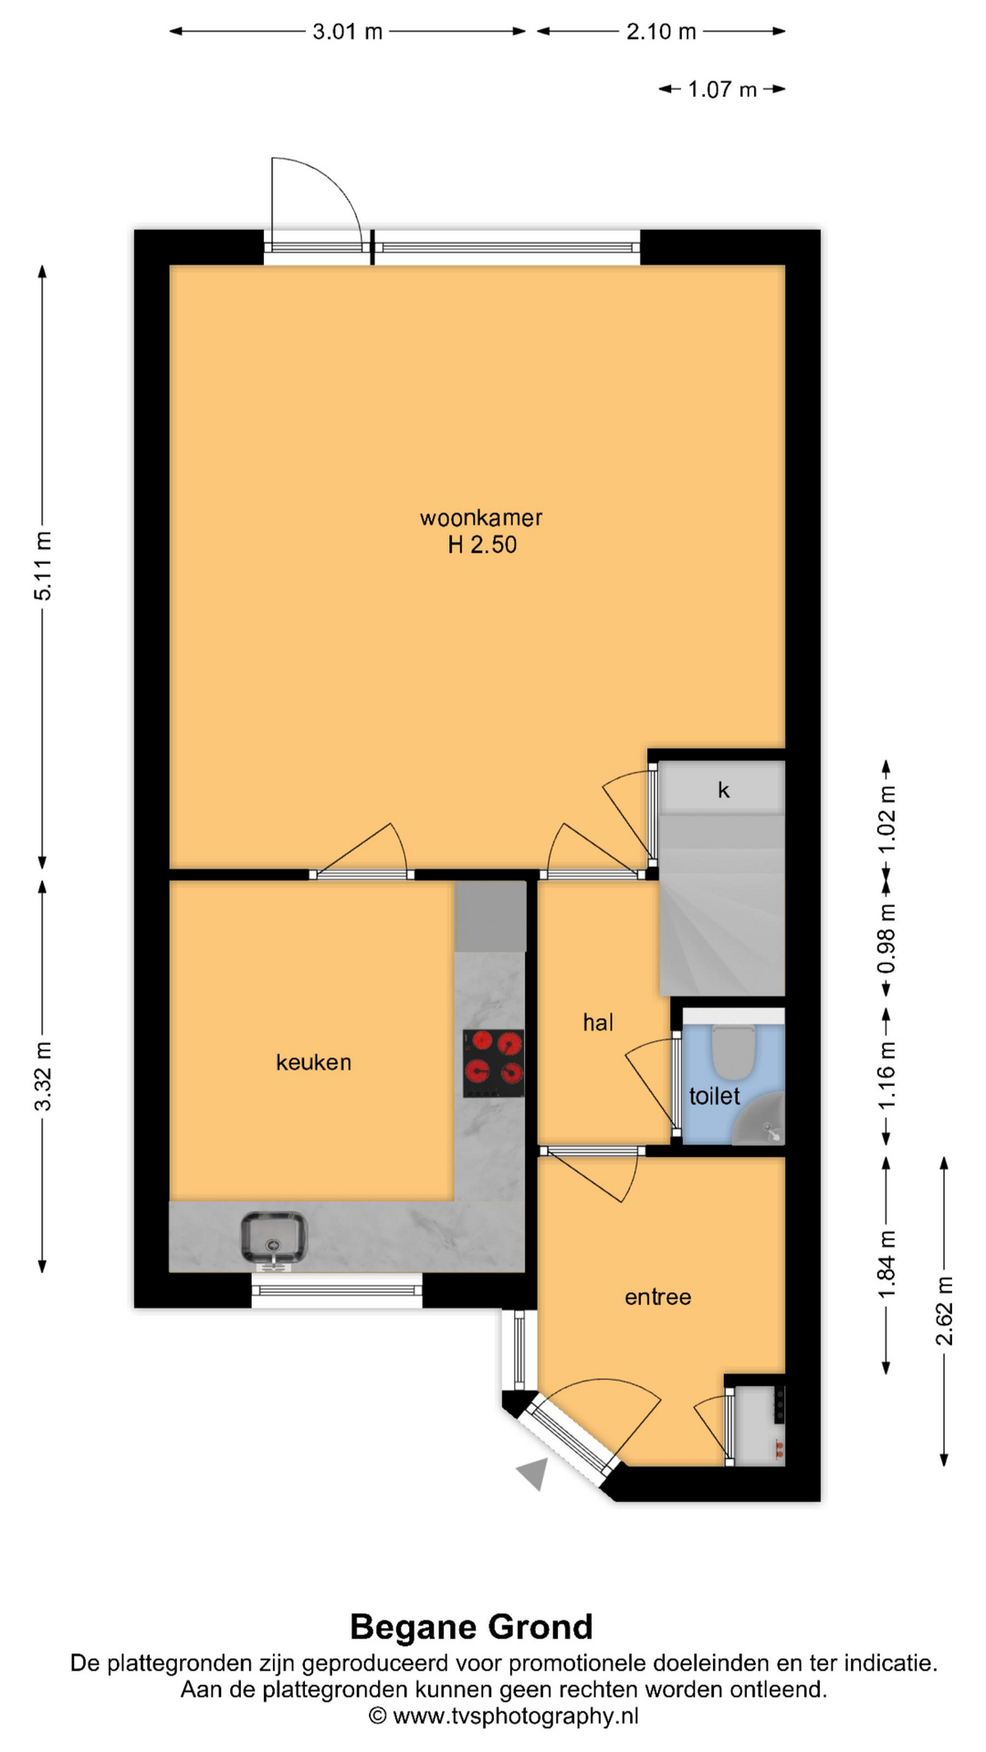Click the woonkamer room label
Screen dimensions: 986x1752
[x=481, y=517]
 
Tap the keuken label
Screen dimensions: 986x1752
[x=313, y=1061]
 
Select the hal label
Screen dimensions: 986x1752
[x=598, y=1022]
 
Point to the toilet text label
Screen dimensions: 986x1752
[x=714, y=1095]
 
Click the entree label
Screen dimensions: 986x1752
[x=657, y=1297]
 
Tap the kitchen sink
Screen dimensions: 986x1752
[x=273, y=1239]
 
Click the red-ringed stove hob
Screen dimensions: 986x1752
[x=493, y=1063]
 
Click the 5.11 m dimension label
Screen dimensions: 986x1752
[x=43, y=566]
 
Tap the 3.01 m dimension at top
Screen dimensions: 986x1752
[x=347, y=32]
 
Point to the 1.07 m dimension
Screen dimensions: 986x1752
[x=722, y=89]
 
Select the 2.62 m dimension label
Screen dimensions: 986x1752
[x=944, y=1311]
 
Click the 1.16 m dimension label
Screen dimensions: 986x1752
[x=886, y=1075]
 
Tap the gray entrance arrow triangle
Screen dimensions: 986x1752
[x=534, y=1473]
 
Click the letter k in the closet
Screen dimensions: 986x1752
[x=723, y=790]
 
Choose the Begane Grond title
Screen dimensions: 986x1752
[x=471, y=1627]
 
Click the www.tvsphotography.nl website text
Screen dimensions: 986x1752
[x=515, y=1715]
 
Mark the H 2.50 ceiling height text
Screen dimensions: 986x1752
[x=482, y=545]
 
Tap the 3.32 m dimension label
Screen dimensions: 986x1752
[x=43, y=1076]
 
